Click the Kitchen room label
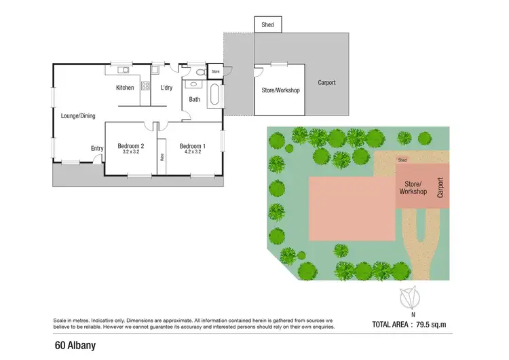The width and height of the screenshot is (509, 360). point(125,88)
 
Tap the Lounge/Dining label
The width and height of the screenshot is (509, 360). point(78,116)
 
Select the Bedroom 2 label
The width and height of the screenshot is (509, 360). point(130,146)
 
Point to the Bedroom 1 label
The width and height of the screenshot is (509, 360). point(192,146)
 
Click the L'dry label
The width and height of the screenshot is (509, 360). point(167,88)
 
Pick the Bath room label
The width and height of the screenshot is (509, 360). point(195,100)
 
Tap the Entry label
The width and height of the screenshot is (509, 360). point(98,149)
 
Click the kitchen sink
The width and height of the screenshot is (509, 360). point(124,70)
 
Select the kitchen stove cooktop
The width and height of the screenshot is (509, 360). point(145,86)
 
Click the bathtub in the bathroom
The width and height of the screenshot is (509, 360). point(215,94)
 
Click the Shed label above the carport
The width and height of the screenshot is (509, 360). point(268,25)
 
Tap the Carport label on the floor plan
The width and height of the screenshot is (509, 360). point(326,83)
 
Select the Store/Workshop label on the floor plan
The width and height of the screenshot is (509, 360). point(280,90)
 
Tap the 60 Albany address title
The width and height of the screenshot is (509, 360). point(75,345)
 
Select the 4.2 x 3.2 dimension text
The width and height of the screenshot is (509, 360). point(192,152)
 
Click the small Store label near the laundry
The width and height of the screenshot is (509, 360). point(216,71)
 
